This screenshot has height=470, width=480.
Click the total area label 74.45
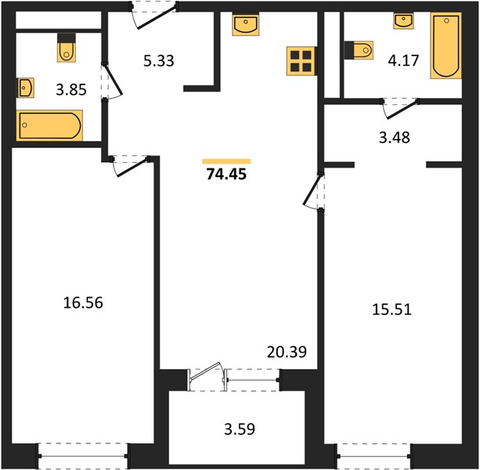226,174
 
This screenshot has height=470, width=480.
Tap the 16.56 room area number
83,303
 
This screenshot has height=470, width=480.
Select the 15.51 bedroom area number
392,309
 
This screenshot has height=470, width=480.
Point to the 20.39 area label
287,352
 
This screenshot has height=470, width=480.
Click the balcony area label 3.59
240,429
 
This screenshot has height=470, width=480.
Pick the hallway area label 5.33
159,60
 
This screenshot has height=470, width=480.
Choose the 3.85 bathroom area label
71,90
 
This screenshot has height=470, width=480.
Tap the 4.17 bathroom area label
403,60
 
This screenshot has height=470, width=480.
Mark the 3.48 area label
395,138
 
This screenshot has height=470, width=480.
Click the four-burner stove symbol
301,61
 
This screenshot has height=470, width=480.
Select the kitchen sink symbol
246,24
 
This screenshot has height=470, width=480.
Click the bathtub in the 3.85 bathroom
49,125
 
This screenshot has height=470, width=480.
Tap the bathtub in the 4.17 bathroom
446,45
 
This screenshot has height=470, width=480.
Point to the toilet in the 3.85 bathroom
67,48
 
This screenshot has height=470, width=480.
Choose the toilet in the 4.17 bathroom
359,50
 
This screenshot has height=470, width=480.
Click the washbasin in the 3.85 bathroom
25,88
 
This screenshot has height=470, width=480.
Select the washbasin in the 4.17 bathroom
403,21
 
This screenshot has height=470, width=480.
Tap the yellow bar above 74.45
226,161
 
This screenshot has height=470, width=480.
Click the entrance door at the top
155,16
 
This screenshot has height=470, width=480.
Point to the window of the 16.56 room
83,456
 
